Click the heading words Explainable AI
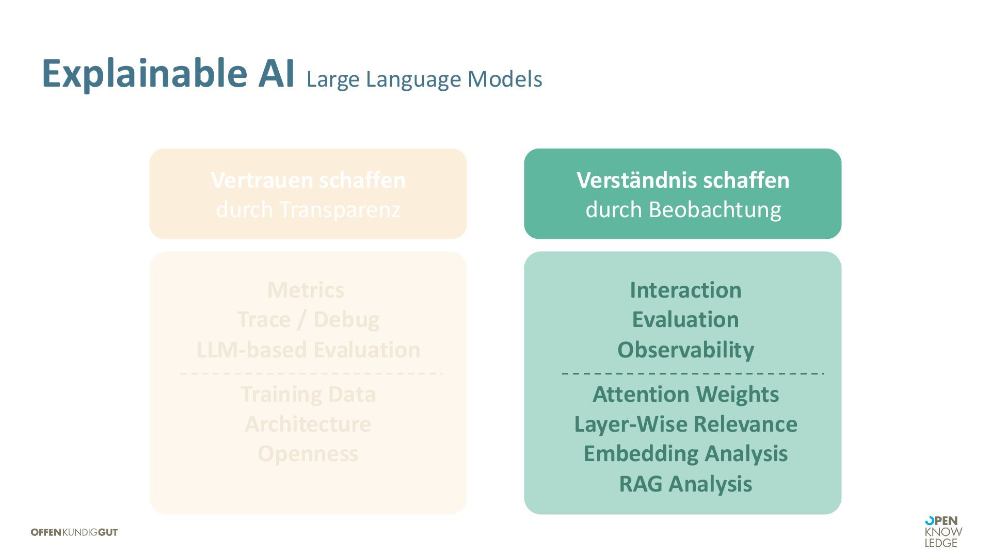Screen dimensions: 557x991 coord(168,74)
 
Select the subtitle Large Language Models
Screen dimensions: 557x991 coord(424,79)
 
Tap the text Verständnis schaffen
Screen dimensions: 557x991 coord(682,181)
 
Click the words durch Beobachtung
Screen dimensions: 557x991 coord(682,210)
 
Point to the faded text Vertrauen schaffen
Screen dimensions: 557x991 coord(308,181)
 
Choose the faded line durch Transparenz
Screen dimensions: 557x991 coord(308,210)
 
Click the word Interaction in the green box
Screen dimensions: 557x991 coord(685,290)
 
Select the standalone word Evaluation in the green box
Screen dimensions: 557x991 coord(685,320)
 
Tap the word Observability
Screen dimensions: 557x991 coord(685,350)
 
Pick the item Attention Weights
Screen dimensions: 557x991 coord(685,395)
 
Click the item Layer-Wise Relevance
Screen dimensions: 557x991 coord(685,424)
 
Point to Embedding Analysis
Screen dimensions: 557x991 coord(685,454)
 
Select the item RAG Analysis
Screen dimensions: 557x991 coord(685,484)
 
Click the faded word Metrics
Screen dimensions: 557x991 coord(306,290)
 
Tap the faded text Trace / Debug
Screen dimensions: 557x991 coord(308,320)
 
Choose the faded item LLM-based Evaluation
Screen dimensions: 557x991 coord(308,350)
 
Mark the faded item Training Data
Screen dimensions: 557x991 coord(308,395)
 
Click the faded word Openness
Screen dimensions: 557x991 coord(308,454)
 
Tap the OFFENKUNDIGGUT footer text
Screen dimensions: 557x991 coord(74,532)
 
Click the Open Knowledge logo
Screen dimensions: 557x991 coord(943,532)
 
